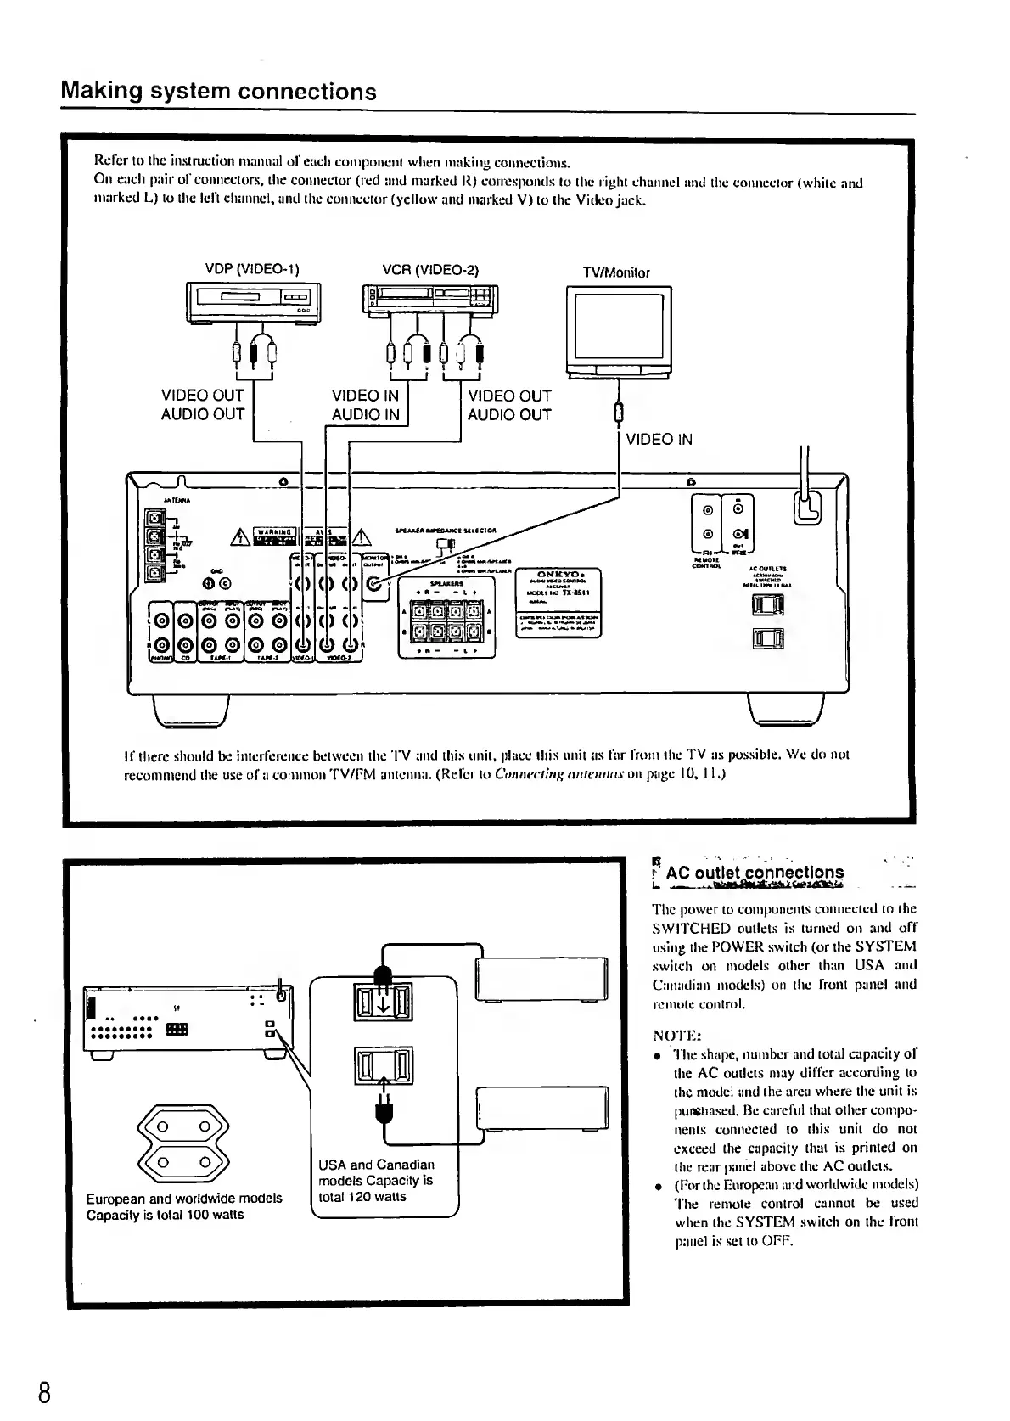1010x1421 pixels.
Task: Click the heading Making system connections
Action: point(219,92)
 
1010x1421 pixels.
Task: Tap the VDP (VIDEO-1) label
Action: point(252,270)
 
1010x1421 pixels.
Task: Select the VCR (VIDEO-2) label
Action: point(431,270)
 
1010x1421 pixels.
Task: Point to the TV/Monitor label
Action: point(616,272)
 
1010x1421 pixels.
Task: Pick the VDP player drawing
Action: point(250,303)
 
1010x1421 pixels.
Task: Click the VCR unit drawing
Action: point(431,301)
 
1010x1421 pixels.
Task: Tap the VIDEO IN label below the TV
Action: point(659,439)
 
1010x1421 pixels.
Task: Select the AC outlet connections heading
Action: point(755,873)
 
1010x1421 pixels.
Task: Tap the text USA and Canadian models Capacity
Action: point(376,1181)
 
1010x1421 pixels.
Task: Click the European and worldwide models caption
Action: point(184,1206)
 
